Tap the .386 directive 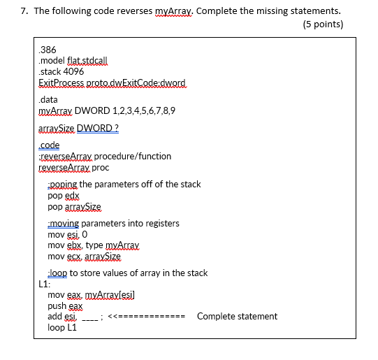tap(48, 50)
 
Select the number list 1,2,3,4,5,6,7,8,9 tap(140, 110)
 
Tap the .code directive tap(50, 145)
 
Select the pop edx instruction tap(65, 196)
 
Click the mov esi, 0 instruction tap(68, 235)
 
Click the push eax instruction tap(66, 305)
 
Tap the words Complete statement tap(237, 316)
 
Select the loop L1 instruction tap(62, 328)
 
